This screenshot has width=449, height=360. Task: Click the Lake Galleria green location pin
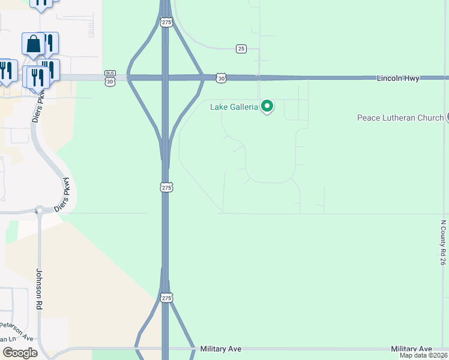[x=268, y=106]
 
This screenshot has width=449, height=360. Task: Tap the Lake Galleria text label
[x=234, y=107]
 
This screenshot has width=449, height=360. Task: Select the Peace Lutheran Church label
[x=400, y=118]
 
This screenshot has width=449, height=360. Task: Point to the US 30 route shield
[x=222, y=78]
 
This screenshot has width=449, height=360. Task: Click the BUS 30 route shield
[x=109, y=78]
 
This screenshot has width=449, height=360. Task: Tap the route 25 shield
[x=241, y=49]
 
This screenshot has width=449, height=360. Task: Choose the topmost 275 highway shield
[x=167, y=22]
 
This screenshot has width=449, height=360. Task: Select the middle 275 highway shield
[x=167, y=188]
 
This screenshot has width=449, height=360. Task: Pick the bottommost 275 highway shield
[x=167, y=298]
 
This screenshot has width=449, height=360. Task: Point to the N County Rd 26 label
[x=443, y=242]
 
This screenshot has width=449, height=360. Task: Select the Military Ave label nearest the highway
[x=220, y=349]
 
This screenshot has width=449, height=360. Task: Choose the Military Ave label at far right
[x=411, y=349]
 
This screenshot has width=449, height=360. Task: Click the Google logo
[x=20, y=353]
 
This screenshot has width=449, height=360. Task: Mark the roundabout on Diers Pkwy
[x=40, y=210]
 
